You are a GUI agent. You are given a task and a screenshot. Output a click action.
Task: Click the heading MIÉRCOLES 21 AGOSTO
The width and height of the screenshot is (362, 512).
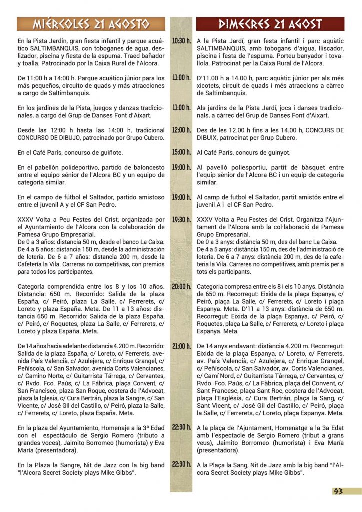pyautogui.click(x=91, y=24)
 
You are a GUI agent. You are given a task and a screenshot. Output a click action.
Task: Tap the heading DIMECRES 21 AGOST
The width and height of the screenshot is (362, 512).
pyautogui.click(x=270, y=24)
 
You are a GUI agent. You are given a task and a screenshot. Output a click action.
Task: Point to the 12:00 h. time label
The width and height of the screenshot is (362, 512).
pyautogui.click(x=181, y=130)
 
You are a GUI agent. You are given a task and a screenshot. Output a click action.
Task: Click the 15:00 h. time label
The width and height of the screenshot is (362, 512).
pyautogui.click(x=181, y=152)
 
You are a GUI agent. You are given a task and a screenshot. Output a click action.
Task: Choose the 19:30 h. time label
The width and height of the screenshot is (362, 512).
pyautogui.click(x=181, y=219)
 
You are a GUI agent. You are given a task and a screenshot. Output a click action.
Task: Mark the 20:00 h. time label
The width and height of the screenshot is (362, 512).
pyautogui.click(x=181, y=286)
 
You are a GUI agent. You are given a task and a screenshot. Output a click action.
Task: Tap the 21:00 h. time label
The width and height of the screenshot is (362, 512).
pyautogui.click(x=181, y=346)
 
